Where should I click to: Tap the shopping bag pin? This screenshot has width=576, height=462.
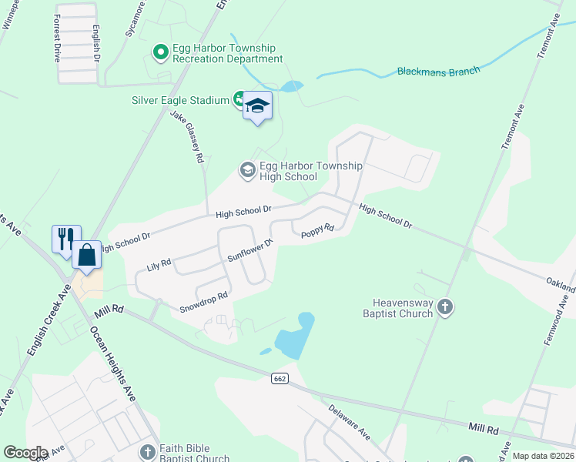click(87, 255)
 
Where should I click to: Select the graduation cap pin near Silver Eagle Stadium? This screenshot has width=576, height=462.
click(258, 106)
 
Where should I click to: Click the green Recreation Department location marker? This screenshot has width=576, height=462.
click(161, 52)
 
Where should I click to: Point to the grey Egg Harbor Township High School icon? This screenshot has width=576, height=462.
click(247, 169)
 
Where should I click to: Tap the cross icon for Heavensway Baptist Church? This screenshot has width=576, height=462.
click(444, 308)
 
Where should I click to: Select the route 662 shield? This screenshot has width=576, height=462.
click(280, 378)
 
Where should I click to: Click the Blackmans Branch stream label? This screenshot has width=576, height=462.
click(438, 71)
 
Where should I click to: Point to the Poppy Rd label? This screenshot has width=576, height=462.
click(317, 229)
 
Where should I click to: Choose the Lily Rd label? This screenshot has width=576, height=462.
click(158, 266)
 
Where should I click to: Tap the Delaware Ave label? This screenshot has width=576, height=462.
click(349, 423)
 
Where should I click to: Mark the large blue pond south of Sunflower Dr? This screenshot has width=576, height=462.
click(296, 337)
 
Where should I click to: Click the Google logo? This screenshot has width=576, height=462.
click(25, 453)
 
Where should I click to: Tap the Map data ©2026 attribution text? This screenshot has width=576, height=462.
click(543, 456)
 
